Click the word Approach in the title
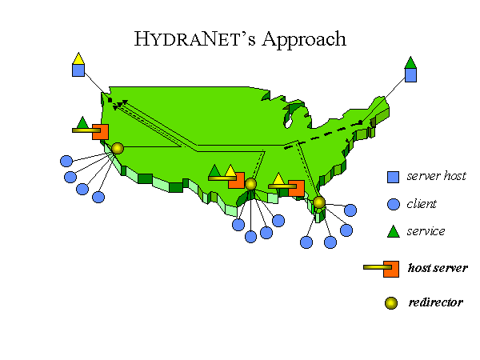pyautogui.click(x=304, y=40)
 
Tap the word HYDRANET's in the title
pyautogui.click(x=194, y=39)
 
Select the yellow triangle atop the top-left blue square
pyautogui.click(x=78, y=58)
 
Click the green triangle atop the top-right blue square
pyautogui.click(x=410, y=62)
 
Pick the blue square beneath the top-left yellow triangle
pyautogui.click(x=78, y=70)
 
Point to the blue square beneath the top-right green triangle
pyautogui.click(x=411, y=75)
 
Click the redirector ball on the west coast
pyautogui.click(x=118, y=149)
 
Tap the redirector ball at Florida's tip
pyautogui.click(x=319, y=202)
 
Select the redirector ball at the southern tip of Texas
pyautogui.click(x=250, y=184)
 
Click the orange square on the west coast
pyautogui.click(x=101, y=132)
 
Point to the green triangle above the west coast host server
pyautogui.click(x=82, y=122)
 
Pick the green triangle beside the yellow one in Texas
pyautogui.click(x=214, y=170)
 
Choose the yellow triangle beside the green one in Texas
pyautogui.click(x=230, y=170)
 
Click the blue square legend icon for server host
pyautogui.click(x=393, y=177)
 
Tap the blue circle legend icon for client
pyautogui.click(x=394, y=204)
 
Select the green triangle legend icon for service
pyautogui.click(x=394, y=231)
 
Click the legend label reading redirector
pyautogui.click(x=436, y=302)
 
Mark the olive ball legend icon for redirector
pyautogui.click(x=391, y=303)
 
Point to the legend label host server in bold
pyautogui.click(x=438, y=268)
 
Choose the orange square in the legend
pyautogui.click(x=391, y=269)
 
